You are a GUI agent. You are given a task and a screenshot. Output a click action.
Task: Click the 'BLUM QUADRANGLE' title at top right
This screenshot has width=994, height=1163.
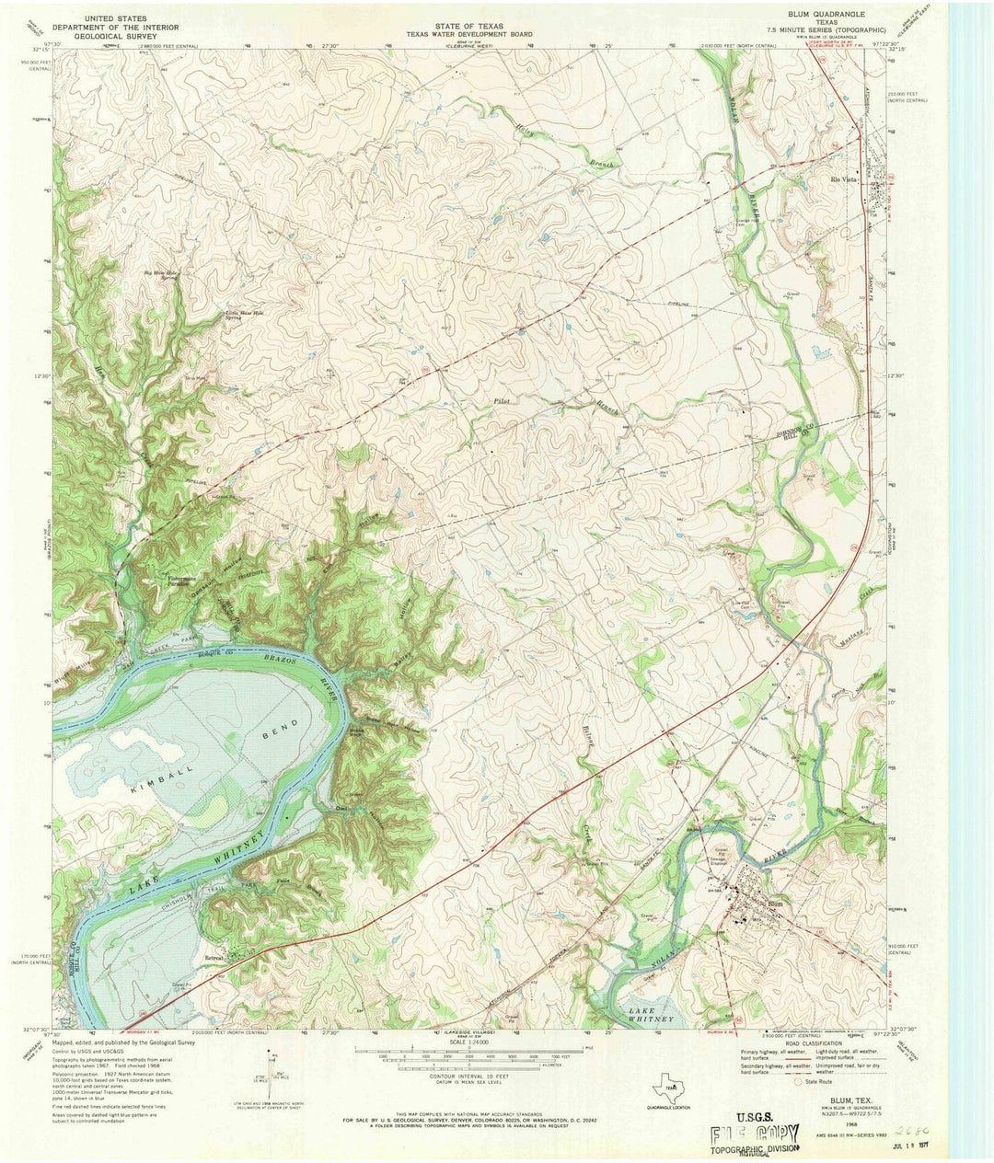[x=821, y=17]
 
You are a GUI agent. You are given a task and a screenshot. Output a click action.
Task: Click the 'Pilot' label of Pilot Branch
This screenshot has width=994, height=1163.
[x=502, y=402]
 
